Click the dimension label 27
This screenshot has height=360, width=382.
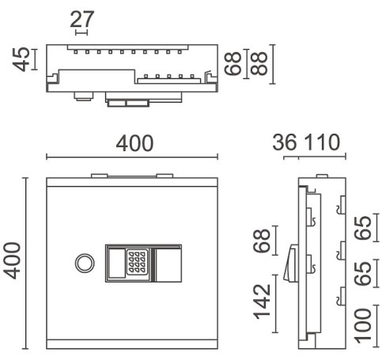coord(82,19)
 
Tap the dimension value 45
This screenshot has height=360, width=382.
coord(21,59)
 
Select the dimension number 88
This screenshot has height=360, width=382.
coord(259,63)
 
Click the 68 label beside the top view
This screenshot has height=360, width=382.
coord(233,63)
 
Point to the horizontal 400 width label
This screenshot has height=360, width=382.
coord(134,143)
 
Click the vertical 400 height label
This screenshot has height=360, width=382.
coord(13,261)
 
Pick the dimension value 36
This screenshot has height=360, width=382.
coord(284,142)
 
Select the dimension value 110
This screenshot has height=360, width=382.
coord(322,142)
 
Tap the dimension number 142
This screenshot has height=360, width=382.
coord(262,301)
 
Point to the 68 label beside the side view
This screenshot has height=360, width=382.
coord(262,241)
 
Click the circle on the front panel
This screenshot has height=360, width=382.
coord(85,263)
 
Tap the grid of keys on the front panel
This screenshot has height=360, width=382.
coord(137,262)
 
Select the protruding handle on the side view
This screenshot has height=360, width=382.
coord(291,263)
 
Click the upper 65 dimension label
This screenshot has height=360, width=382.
coord(362,228)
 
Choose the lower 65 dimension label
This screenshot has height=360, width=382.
coord(362,274)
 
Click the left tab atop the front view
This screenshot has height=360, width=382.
coord(100,176)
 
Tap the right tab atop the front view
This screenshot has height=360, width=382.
coord(165,176)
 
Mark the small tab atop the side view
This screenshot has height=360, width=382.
coord(322,176)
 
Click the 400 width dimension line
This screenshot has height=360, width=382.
coord(132,157)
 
